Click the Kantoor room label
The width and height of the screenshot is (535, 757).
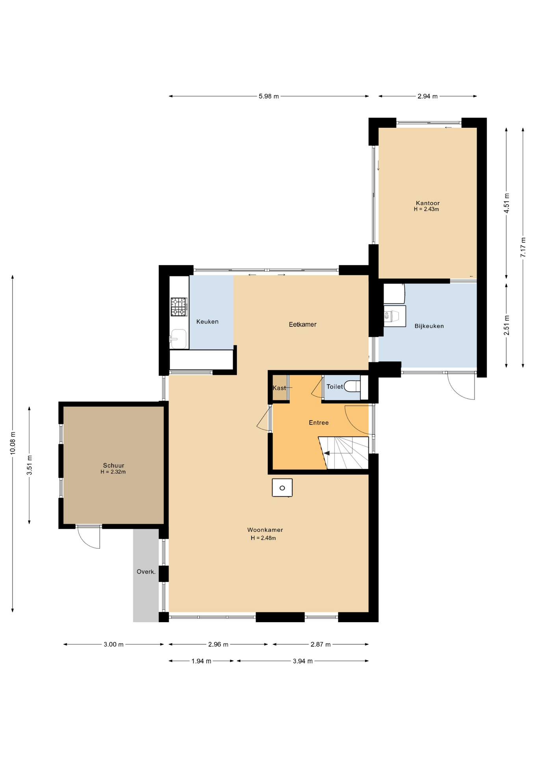click(427, 203)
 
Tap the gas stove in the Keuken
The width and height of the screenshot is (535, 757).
click(178, 307)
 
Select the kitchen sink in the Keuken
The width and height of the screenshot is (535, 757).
click(178, 339)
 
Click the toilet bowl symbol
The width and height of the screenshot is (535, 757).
click(352, 386)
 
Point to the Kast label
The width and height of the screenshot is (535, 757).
click(279, 388)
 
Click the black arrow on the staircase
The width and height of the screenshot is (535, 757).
click(327, 453)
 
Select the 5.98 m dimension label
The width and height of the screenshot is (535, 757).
click(269, 96)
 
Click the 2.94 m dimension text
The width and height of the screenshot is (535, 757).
click(427, 96)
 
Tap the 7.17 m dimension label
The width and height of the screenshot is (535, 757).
click(523, 248)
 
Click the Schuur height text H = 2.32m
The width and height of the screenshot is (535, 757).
click(113, 472)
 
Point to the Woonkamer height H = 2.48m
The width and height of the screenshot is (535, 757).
click(263, 538)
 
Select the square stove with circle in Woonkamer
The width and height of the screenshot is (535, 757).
click(282, 488)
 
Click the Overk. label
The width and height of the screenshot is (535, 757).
click(146, 572)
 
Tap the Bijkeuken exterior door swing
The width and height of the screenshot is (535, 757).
click(461, 386)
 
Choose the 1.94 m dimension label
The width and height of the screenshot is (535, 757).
click(201, 661)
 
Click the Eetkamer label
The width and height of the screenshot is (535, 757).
click(303, 324)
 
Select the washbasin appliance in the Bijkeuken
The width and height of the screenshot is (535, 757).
click(394, 316)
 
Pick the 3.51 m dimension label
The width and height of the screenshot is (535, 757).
click(30, 465)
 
